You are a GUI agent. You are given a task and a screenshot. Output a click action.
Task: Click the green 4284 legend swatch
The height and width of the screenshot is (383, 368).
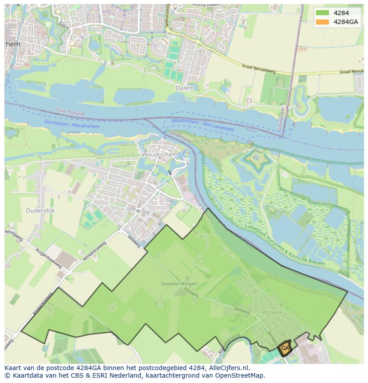323,13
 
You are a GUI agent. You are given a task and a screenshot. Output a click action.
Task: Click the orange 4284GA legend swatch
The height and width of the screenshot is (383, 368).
323,22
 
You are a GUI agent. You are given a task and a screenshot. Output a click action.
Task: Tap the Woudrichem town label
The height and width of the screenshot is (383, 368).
159,155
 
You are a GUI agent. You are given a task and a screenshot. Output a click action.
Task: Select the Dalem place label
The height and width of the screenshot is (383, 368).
184,88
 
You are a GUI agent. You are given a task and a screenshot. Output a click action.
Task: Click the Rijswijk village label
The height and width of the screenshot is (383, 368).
272,312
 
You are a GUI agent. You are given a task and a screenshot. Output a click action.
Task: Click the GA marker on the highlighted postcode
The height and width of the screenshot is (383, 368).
285,348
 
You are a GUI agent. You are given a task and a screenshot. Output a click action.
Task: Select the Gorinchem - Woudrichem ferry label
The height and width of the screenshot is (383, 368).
72,124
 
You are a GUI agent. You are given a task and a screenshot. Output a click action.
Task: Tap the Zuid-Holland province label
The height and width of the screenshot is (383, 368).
70,112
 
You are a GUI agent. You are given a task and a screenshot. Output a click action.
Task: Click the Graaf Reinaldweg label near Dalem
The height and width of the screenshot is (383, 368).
259,66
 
